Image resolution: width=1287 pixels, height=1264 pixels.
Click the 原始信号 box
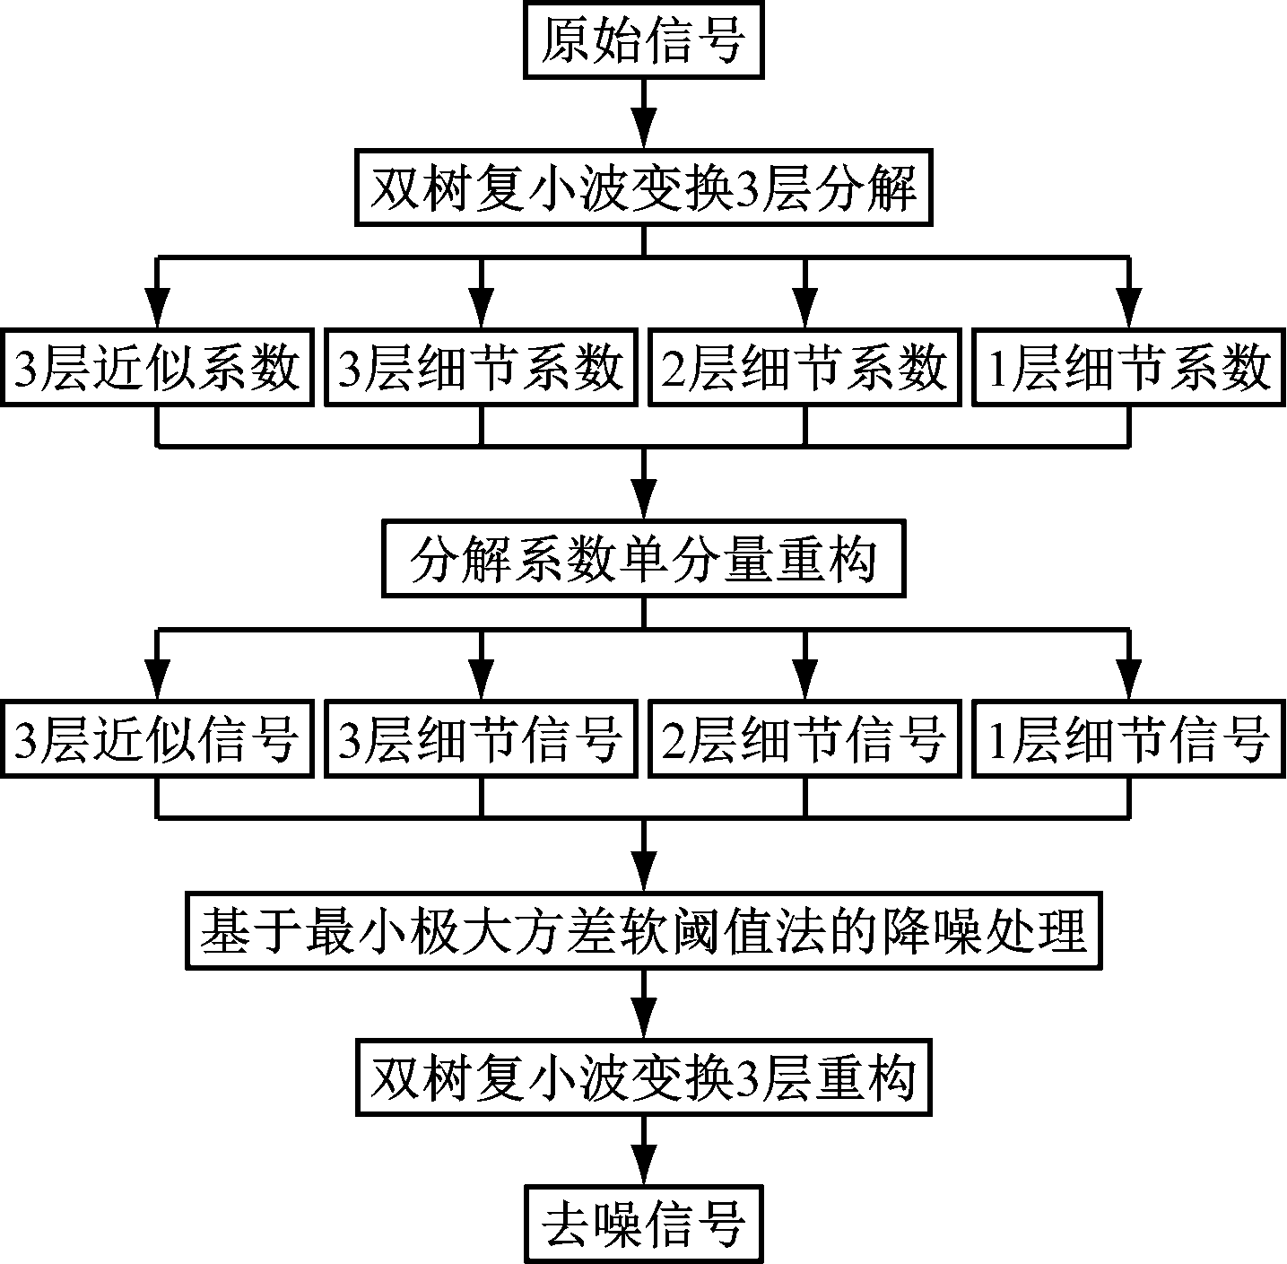pos(643,42)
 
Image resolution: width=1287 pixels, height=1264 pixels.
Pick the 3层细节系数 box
pos(481,369)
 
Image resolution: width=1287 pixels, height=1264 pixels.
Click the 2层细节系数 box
pos(804,369)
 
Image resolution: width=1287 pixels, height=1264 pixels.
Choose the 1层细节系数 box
pos(1129,369)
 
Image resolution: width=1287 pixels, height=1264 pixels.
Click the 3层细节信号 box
pos(481,741)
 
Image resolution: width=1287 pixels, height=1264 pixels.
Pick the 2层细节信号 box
pos(804,741)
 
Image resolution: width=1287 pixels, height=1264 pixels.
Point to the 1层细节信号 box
pos(1129,741)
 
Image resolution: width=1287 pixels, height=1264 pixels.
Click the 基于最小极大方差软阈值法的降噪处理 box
pos(643,931)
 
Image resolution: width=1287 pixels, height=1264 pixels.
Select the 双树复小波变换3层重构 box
pos(643,1077)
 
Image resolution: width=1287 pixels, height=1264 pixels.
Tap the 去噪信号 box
pos(643,1224)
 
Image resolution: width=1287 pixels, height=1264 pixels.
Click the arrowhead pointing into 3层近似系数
pos(158,310)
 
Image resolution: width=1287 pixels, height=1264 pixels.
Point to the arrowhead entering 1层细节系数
pos(1129,310)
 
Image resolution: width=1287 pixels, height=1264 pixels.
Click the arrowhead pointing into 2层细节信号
pos(804,683)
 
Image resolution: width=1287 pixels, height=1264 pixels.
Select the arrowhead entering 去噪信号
pos(644,1165)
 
